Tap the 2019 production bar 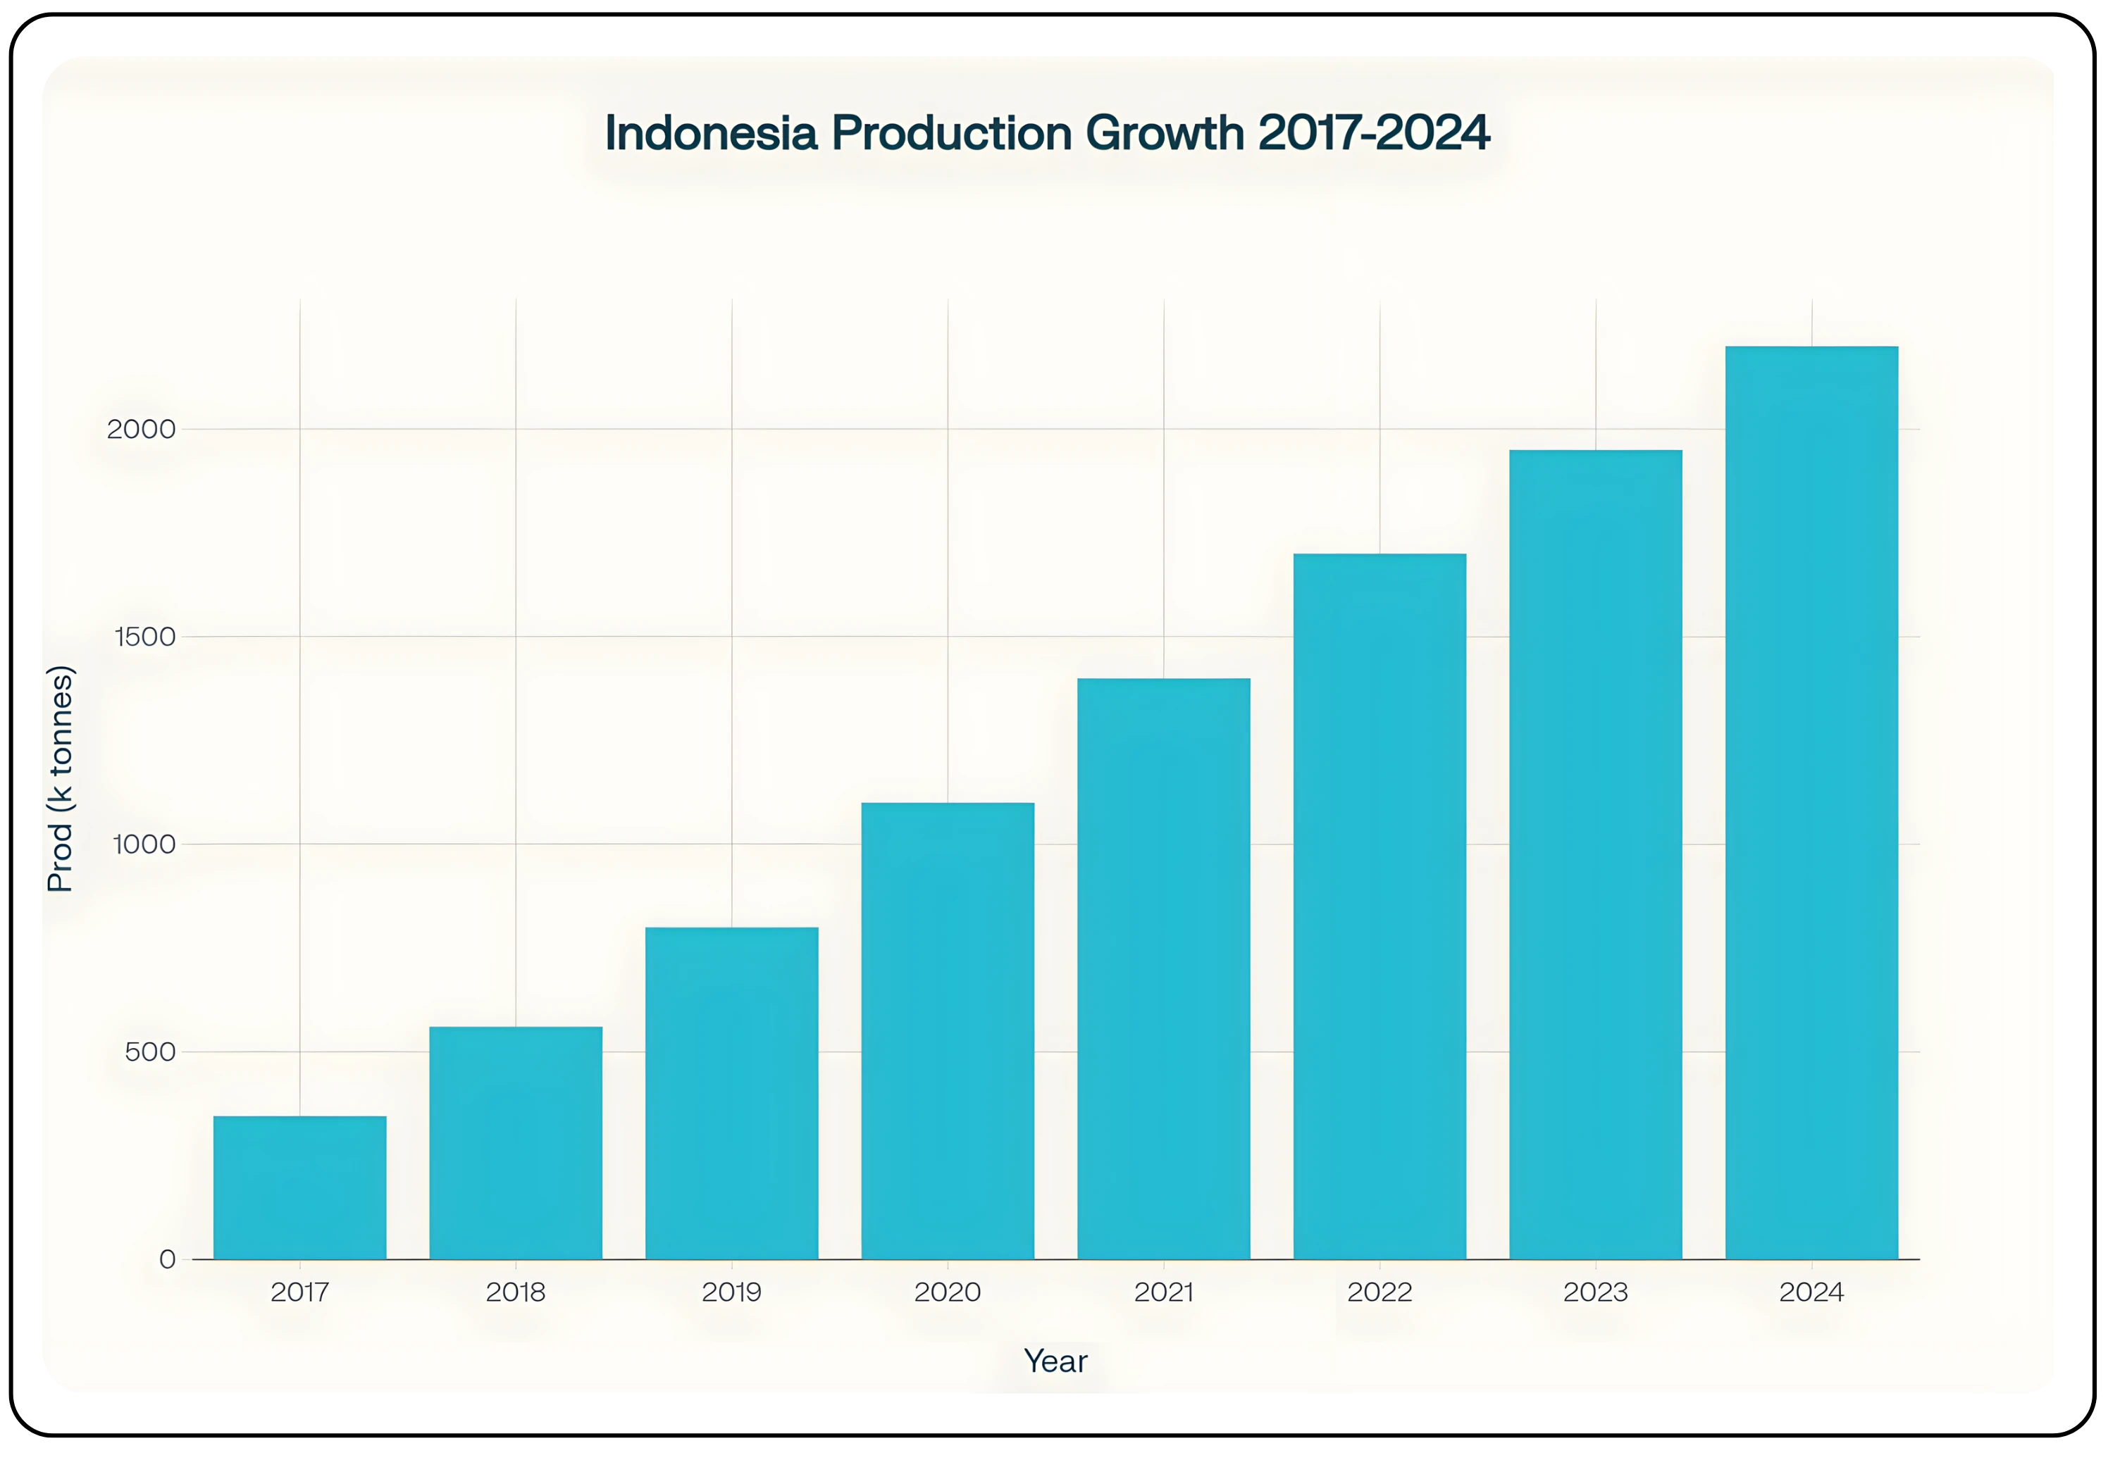coord(732,1093)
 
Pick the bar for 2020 coord(948,1031)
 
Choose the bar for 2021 coord(1164,969)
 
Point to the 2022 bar coord(1379,906)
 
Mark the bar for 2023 coord(1596,854)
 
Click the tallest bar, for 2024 coord(1811,802)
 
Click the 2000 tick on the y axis coord(141,429)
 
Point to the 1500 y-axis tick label coord(144,637)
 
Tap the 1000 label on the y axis coord(144,844)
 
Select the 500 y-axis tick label coord(150,1052)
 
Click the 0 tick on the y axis coord(168,1260)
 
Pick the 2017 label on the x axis coord(300,1292)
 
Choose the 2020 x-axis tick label coord(948,1292)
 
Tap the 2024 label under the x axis coord(1811,1292)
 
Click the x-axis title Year coord(1055,1361)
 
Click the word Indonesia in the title coord(711,134)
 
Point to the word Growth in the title coord(1165,134)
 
